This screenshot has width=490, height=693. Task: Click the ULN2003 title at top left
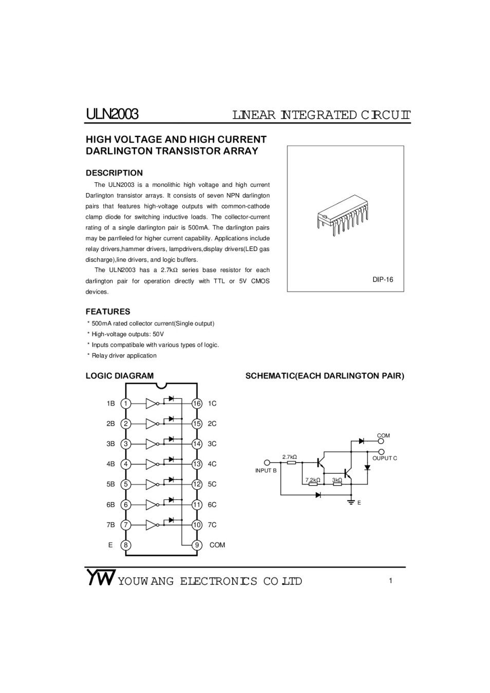click(x=112, y=114)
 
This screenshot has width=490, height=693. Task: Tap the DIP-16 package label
click(x=383, y=280)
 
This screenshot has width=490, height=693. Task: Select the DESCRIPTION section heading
click(x=114, y=173)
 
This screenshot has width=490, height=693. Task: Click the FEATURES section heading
click(x=108, y=312)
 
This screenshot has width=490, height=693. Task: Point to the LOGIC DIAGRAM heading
click(x=119, y=376)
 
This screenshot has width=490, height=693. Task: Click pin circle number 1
click(x=126, y=403)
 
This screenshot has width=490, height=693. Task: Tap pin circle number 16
click(x=197, y=403)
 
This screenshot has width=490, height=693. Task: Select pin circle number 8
click(x=126, y=545)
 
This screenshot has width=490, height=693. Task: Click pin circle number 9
click(x=197, y=545)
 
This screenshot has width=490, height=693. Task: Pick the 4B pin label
click(x=110, y=464)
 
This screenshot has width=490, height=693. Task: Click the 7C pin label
click(x=212, y=525)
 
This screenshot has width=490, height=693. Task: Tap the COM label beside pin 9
click(x=217, y=545)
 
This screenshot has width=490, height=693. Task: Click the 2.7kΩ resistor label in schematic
click(x=290, y=457)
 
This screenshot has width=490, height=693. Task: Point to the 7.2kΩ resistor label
click(x=313, y=480)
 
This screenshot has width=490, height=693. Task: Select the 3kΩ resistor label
click(x=337, y=480)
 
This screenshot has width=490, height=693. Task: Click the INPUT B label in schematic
click(x=266, y=471)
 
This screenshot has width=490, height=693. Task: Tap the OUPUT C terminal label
click(x=385, y=458)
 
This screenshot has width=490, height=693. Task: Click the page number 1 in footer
click(x=390, y=581)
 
